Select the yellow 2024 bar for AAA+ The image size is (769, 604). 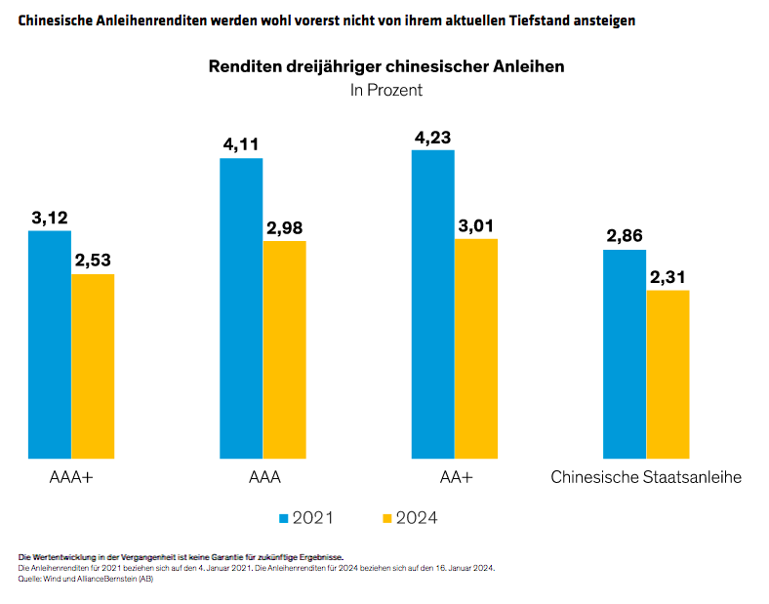tap(93, 365)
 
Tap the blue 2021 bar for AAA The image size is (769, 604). tap(241, 307)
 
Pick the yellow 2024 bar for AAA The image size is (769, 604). tap(284, 348)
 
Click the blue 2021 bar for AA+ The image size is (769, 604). tap(433, 303)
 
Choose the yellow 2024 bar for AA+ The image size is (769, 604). tap(476, 347)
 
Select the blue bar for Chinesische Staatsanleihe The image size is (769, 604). tap(625, 353)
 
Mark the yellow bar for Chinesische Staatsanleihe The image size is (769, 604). tap(668, 374)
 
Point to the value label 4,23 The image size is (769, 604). tap(433, 137)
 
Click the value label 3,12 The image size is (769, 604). tap(50, 218)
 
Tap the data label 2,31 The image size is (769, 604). tap(668, 277)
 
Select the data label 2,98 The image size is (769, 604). tap(284, 227)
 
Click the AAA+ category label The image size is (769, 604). tap(71, 478)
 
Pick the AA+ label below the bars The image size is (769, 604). tap(455, 478)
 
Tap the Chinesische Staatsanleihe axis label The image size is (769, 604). tap(646, 478)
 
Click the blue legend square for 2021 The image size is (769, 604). tap(285, 517)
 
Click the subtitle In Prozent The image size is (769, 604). tap(386, 90)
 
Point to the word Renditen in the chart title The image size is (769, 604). tap(243, 67)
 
